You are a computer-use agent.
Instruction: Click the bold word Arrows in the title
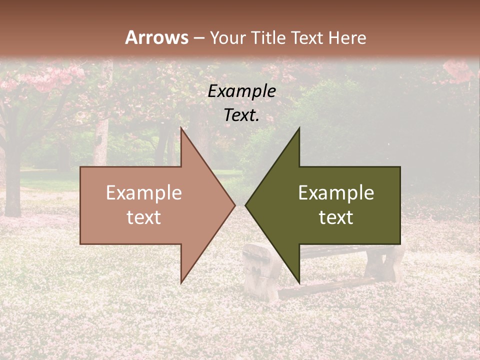tap(156, 37)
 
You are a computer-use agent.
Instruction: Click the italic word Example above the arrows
tap(241, 91)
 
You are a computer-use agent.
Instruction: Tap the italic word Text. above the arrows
tap(241, 115)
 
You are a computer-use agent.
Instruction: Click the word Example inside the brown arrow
tap(143, 192)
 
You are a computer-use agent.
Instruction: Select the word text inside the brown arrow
tap(143, 217)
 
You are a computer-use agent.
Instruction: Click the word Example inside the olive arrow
tap(336, 192)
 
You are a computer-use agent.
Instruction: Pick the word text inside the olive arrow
tap(336, 217)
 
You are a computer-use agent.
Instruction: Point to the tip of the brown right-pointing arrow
tap(235, 205)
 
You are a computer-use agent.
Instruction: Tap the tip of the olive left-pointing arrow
tap(245, 205)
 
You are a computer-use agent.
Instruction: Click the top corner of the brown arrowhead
tap(181, 128)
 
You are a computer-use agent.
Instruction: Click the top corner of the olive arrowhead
tap(299, 128)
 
